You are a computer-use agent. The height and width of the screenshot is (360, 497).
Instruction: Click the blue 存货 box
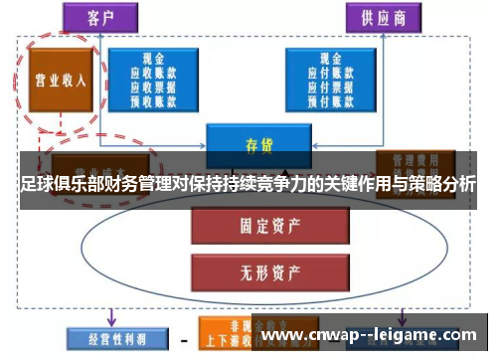(257, 142)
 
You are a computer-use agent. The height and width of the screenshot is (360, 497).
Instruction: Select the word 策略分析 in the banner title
(437, 185)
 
